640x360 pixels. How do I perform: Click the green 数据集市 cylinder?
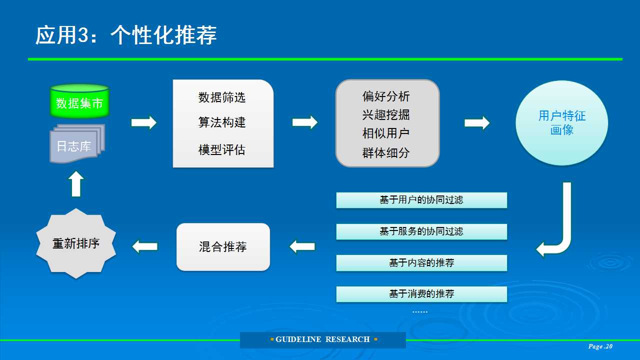pos(79,101)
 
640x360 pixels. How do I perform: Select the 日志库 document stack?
pos(77,143)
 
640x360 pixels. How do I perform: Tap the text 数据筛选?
pos(222,97)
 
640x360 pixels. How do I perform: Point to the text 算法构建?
pos(222,122)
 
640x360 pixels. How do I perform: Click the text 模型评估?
pos(222,149)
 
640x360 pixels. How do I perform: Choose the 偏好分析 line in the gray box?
pos(386,96)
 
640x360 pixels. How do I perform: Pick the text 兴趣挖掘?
pos(386,115)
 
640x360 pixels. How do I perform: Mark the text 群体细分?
pos(386,153)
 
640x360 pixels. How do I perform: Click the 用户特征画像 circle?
pos(561,123)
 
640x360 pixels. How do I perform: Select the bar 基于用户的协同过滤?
pos(421,200)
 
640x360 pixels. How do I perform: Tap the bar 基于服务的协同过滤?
pos(421,231)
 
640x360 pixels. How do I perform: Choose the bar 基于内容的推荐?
pos(421,263)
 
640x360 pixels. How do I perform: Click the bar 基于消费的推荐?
pos(421,294)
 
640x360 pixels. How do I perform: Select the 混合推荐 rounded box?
pos(223,247)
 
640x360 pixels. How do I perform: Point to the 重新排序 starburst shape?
pos(76,243)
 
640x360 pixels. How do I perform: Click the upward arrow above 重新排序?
pos(76,184)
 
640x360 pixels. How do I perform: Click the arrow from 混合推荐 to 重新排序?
pos(145,247)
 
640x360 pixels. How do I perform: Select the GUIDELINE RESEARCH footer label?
pos(323,339)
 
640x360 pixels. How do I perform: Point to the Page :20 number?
pos(600,346)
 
